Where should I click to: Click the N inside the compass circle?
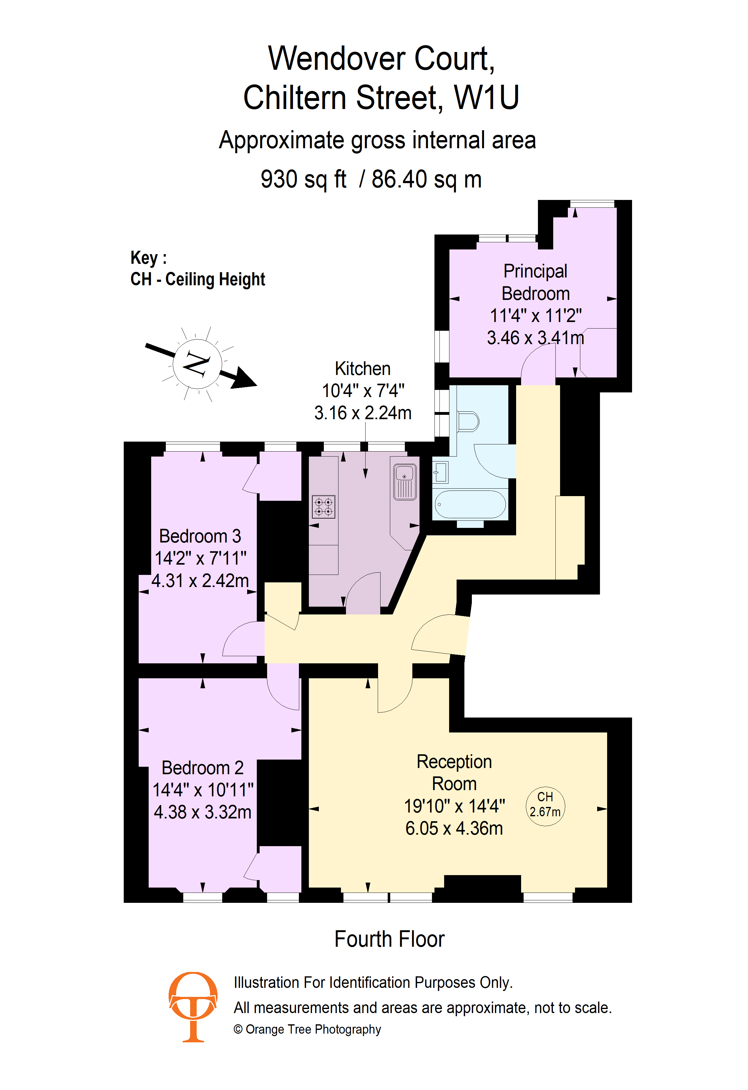[197, 363]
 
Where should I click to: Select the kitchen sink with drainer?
[405, 482]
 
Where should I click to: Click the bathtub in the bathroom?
[469, 504]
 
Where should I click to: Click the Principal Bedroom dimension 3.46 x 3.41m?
[535, 338]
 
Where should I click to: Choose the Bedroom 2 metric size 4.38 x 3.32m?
[203, 812]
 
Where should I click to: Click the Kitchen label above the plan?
[363, 369]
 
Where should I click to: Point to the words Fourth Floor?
[390, 939]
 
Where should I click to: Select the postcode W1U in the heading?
[487, 97]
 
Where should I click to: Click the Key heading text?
[149, 258]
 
